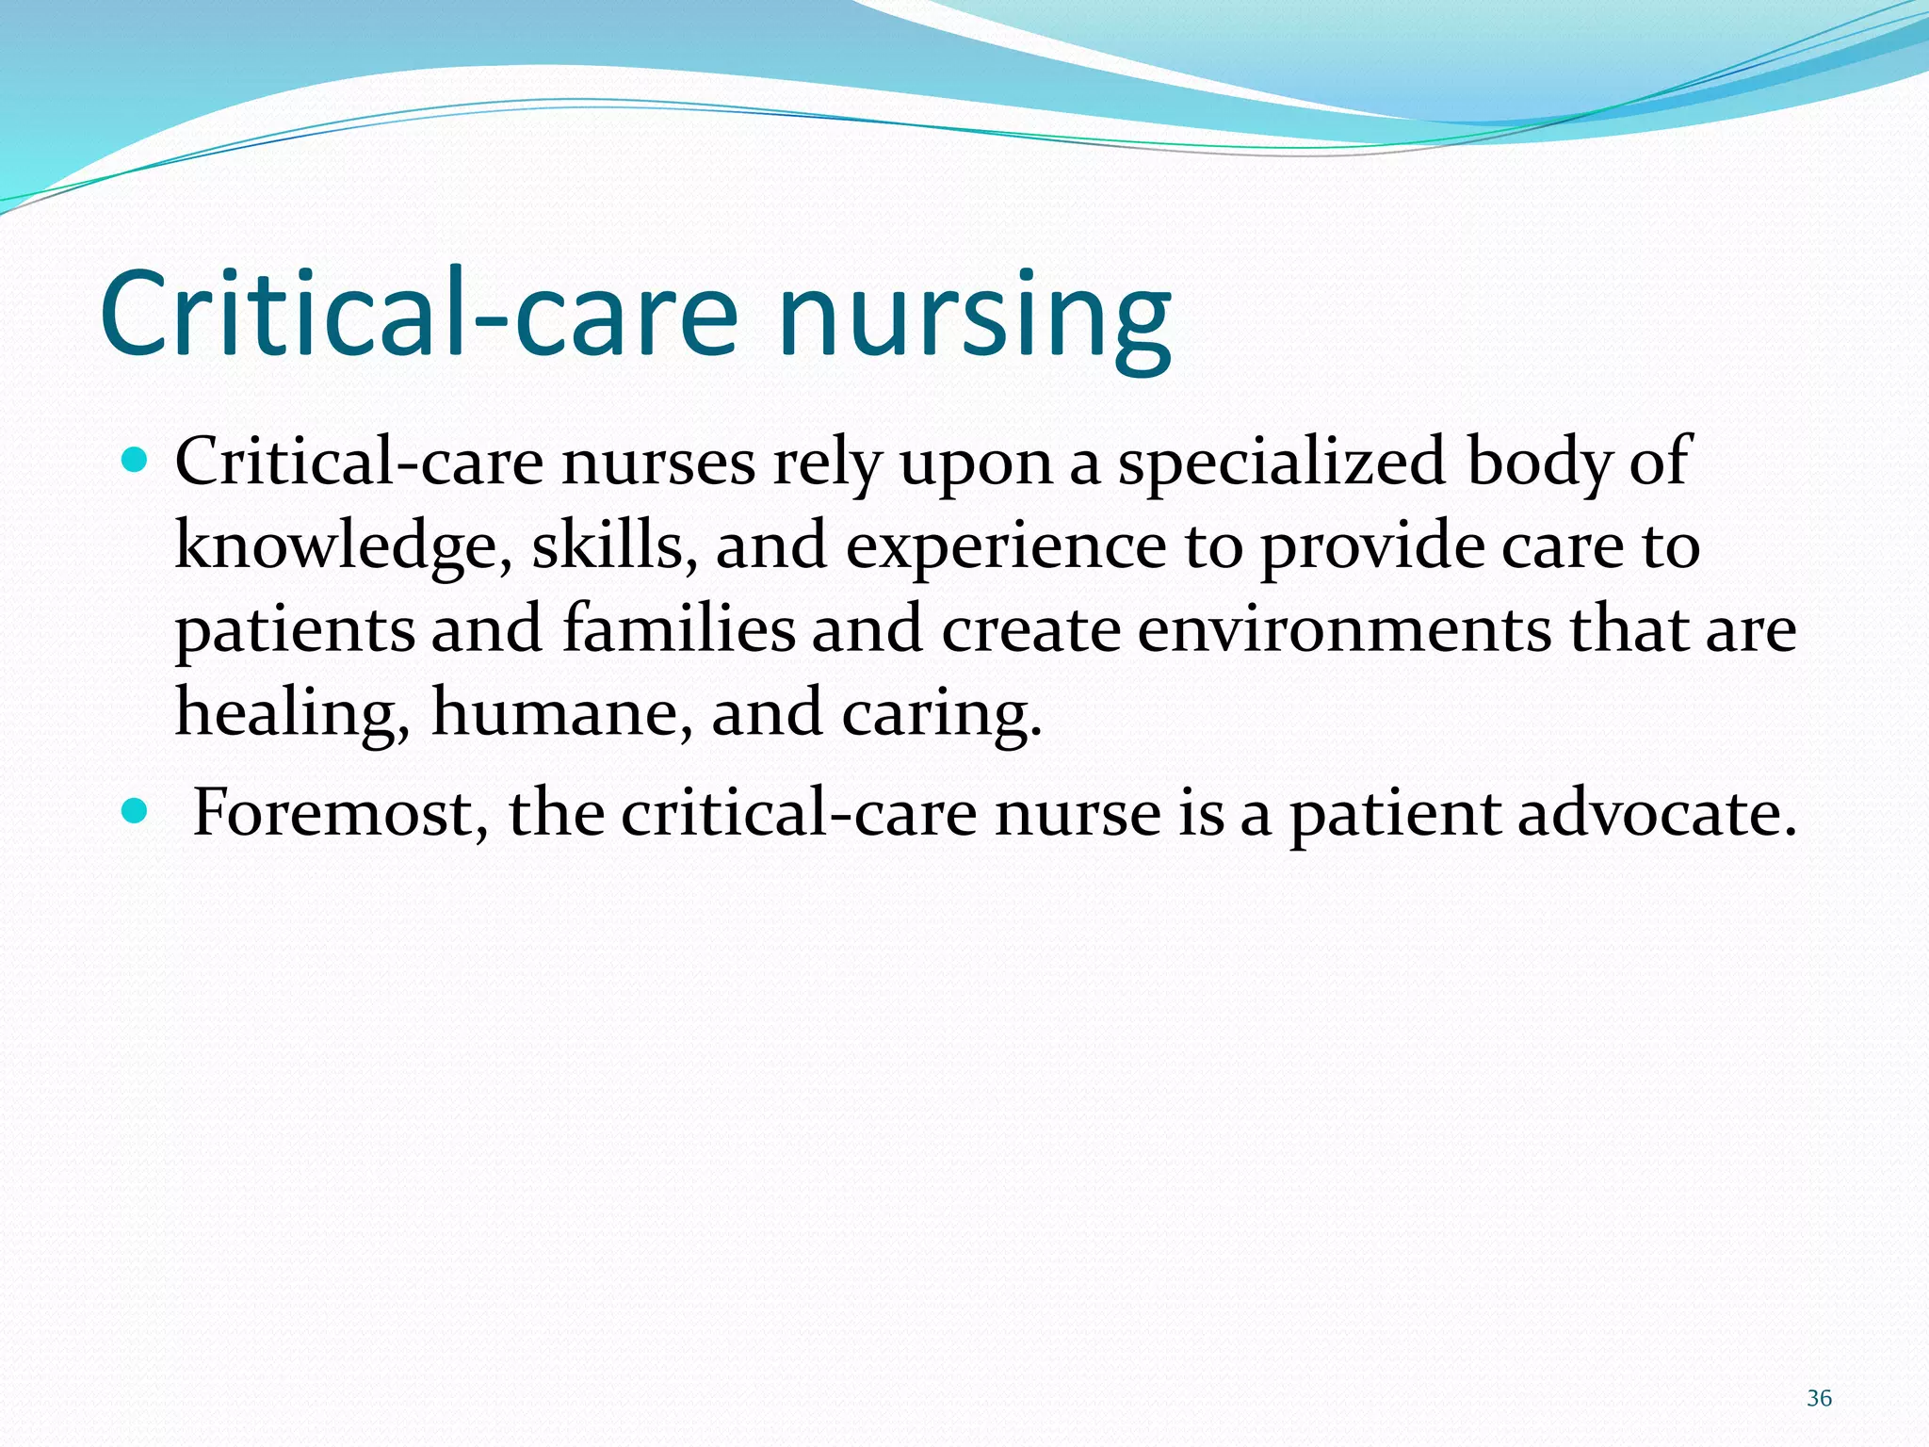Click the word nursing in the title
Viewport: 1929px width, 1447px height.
point(975,316)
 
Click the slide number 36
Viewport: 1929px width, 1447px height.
point(1819,1398)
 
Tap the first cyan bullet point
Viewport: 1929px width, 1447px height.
point(136,461)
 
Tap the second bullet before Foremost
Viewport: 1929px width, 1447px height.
point(136,810)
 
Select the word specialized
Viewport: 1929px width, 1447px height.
point(1281,463)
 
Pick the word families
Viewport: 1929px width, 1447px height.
point(679,629)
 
